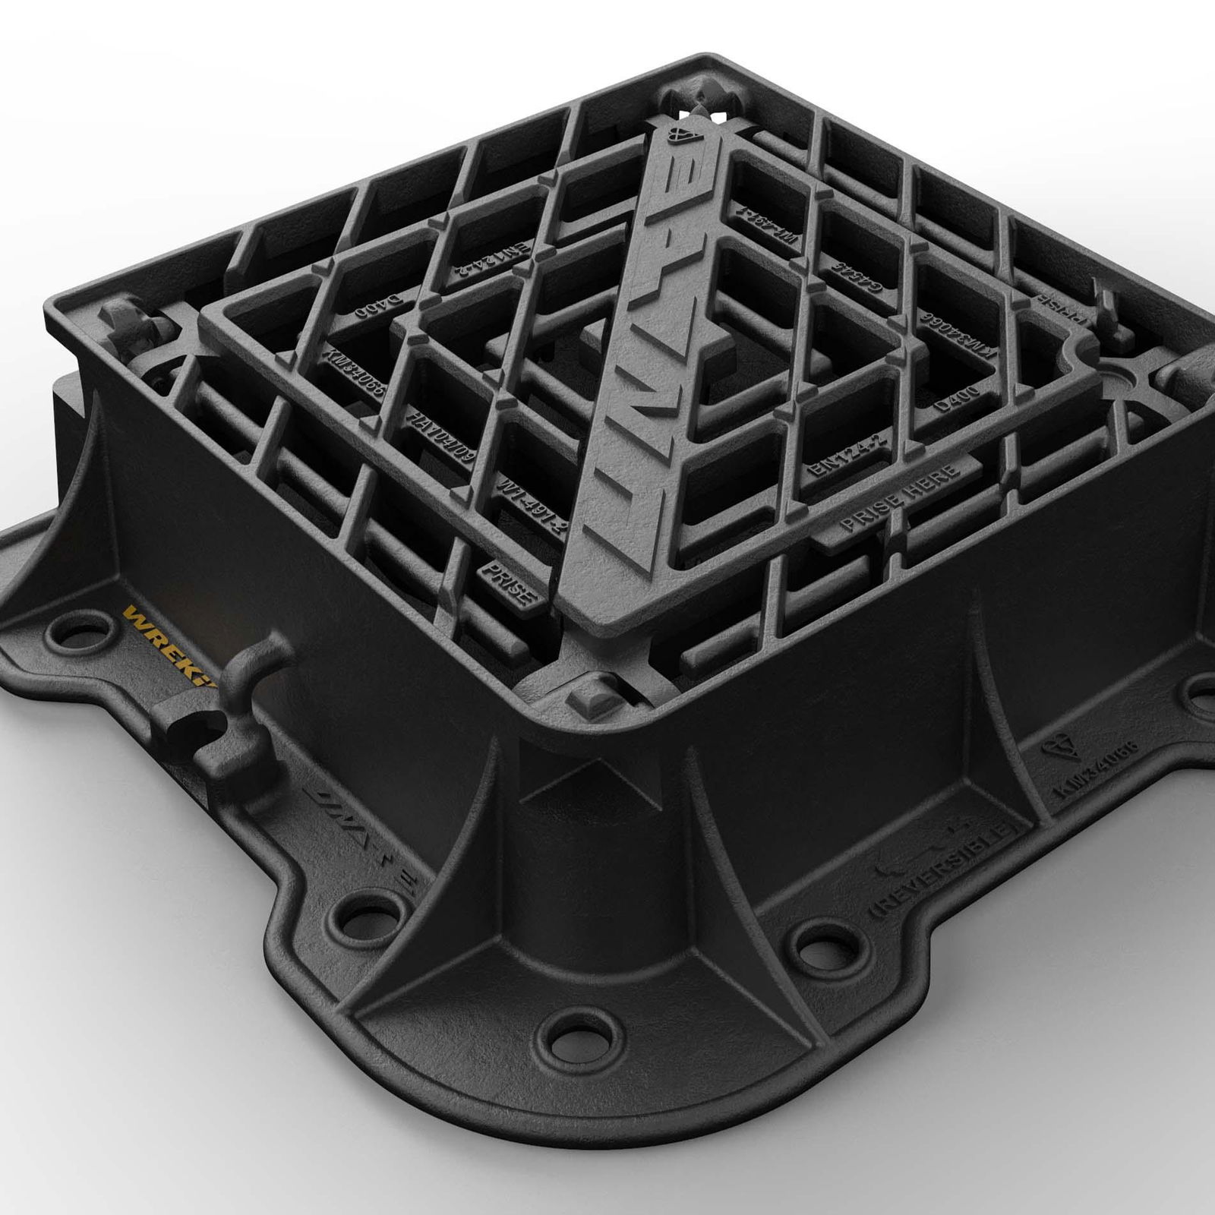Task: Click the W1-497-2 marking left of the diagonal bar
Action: [x=531, y=505]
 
